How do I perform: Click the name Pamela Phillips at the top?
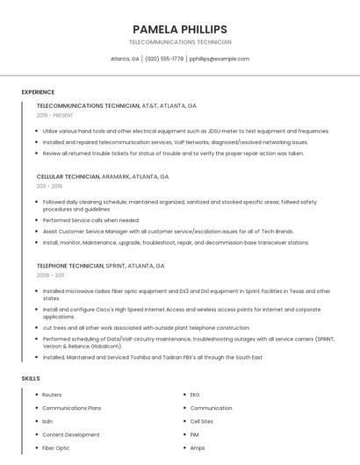180,29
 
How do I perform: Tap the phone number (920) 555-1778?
164,59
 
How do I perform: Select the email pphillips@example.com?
220,59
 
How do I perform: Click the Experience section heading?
38,92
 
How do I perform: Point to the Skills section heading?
31,378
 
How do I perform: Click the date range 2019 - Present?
55,115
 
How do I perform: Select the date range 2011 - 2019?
50,186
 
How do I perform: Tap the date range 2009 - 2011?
51,275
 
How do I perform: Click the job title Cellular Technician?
68,176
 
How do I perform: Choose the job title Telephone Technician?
70,265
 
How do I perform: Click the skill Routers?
52,395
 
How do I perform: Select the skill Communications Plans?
72,408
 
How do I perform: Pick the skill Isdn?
47,421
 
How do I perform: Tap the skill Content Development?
71,434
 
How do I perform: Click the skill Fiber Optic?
56,447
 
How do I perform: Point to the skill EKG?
195,395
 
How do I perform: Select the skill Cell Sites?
202,421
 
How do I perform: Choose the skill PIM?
195,434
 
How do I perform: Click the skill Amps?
198,447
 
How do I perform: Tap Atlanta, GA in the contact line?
125,59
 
